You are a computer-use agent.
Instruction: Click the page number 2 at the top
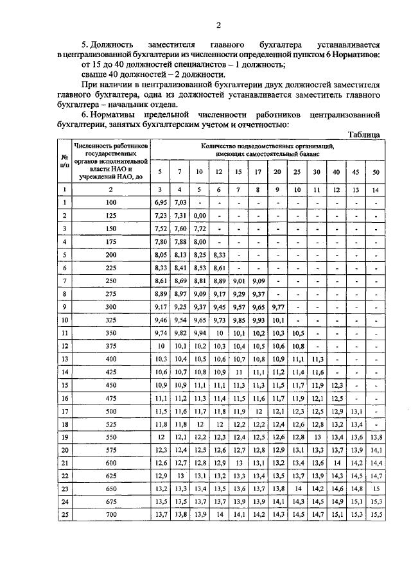(x=218, y=26)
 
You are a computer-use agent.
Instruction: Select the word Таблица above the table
(x=365, y=134)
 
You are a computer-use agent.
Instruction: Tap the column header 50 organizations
(x=376, y=173)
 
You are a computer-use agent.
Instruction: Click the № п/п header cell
(x=64, y=164)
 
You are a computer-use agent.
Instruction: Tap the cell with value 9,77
(x=277, y=306)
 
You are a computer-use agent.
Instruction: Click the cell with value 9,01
(x=238, y=281)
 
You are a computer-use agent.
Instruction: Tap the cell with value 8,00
(x=199, y=241)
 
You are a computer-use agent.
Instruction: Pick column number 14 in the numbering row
(x=376, y=189)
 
